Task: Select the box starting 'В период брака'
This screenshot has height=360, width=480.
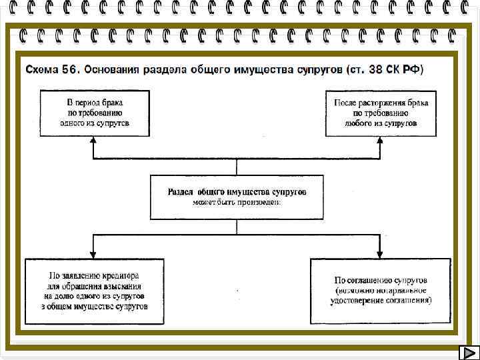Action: (94, 113)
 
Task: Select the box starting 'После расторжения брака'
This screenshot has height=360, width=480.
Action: (381, 113)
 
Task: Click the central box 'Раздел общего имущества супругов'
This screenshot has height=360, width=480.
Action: (237, 197)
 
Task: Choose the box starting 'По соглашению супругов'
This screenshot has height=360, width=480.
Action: (381, 291)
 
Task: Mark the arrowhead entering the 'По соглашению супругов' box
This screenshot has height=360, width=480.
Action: (380, 255)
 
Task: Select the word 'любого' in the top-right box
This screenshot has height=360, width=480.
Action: (360, 123)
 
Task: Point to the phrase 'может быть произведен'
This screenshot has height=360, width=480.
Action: (237, 201)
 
